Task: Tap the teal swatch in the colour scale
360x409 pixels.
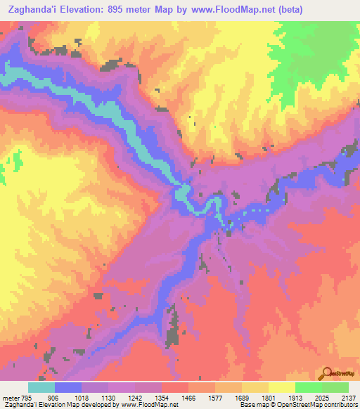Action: [41, 387]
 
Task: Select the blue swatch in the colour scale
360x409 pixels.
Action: [68, 387]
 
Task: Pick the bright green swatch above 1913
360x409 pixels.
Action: [308, 387]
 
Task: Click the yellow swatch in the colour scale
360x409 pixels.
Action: [281, 387]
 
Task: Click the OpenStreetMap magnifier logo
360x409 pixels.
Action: [327, 374]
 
